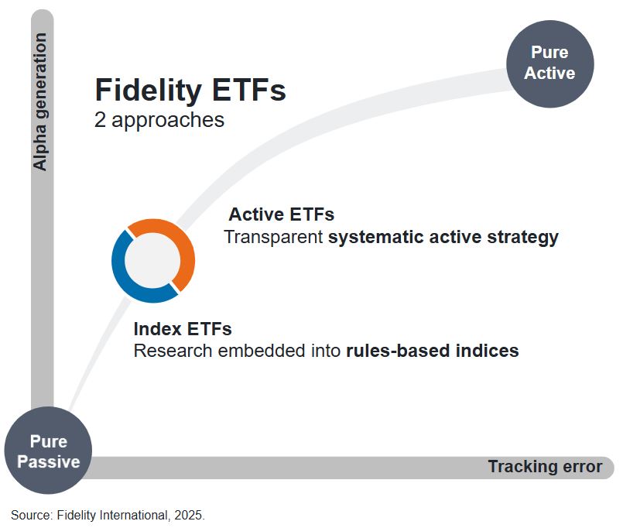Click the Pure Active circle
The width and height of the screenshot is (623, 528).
point(549,63)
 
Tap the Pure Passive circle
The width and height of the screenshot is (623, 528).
point(48,451)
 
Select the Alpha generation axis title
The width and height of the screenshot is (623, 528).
point(40,101)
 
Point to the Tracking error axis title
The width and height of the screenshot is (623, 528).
point(544,467)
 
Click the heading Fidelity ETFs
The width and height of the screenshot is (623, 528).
point(190,91)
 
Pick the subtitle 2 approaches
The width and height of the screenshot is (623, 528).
point(159,120)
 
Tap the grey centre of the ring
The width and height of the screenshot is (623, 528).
point(153,261)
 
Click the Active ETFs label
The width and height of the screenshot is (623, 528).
point(282,214)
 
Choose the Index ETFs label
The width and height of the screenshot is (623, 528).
point(183,328)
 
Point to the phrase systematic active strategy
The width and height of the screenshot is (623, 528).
point(443,237)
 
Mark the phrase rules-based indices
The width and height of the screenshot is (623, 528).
point(432,351)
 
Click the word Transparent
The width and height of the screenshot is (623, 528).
point(273,237)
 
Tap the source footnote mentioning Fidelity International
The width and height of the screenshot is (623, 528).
point(108,514)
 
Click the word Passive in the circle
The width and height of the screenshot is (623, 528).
point(49,462)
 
